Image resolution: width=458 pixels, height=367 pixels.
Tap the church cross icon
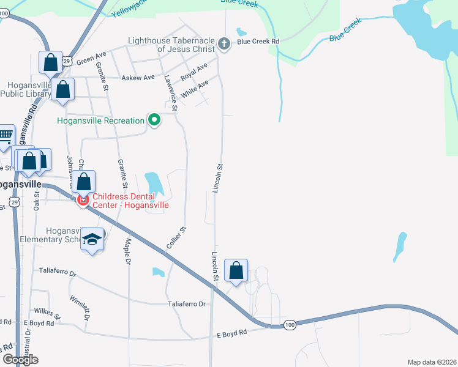[225, 44]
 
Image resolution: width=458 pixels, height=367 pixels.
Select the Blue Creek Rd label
[258, 42]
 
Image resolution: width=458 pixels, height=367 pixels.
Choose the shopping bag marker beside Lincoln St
[236, 270]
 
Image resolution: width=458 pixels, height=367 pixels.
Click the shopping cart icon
[5, 135]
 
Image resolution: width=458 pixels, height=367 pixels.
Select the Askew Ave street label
[138, 78]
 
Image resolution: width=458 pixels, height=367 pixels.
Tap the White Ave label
[195, 89]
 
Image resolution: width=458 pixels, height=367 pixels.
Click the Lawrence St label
[171, 93]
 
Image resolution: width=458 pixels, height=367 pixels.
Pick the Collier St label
[176, 237]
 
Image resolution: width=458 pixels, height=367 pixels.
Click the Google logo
[20, 360]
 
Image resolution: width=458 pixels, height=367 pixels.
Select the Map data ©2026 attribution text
[431, 362]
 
